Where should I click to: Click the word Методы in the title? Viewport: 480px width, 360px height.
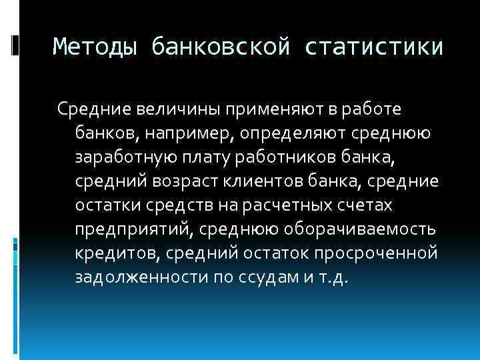click(x=96, y=47)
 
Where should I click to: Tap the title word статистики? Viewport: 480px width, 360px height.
click(x=375, y=47)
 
